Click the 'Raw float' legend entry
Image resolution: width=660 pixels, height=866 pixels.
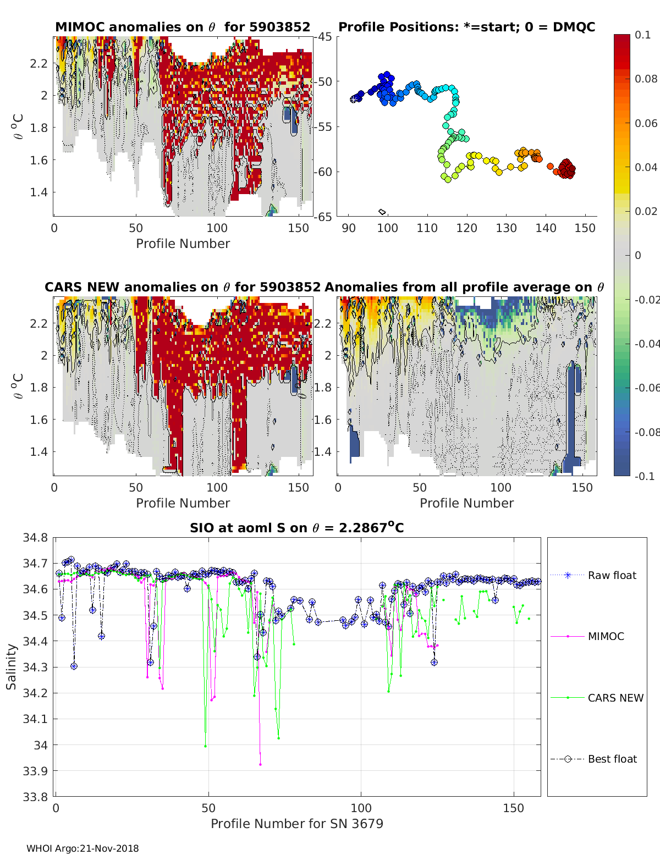point(612,575)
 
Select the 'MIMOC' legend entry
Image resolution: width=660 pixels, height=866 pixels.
point(606,636)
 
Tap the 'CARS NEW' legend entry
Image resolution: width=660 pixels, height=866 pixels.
point(615,698)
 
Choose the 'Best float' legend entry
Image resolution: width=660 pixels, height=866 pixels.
point(612,759)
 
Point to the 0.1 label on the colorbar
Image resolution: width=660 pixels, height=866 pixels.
point(642,35)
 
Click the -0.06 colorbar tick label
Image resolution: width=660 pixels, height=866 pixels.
point(646,388)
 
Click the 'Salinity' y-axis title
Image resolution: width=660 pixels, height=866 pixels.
point(12,666)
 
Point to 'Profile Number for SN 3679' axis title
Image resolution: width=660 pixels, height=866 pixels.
point(296,824)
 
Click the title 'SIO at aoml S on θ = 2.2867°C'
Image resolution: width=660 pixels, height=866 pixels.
point(296,528)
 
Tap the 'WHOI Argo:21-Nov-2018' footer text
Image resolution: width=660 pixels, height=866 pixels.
point(82,848)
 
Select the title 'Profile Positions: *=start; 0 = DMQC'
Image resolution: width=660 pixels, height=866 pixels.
point(466,27)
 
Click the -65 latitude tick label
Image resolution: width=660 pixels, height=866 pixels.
point(323,217)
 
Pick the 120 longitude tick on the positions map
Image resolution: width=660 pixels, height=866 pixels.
point(466,228)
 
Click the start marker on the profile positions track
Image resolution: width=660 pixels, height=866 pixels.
point(354,99)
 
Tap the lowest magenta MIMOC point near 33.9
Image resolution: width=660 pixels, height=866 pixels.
point(260,764)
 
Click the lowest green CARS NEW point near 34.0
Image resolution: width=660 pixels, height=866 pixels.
point(205,746)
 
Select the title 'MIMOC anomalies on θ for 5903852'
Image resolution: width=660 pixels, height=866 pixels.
point(183,27)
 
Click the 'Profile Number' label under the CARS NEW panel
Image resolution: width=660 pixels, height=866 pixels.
point(183,503)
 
